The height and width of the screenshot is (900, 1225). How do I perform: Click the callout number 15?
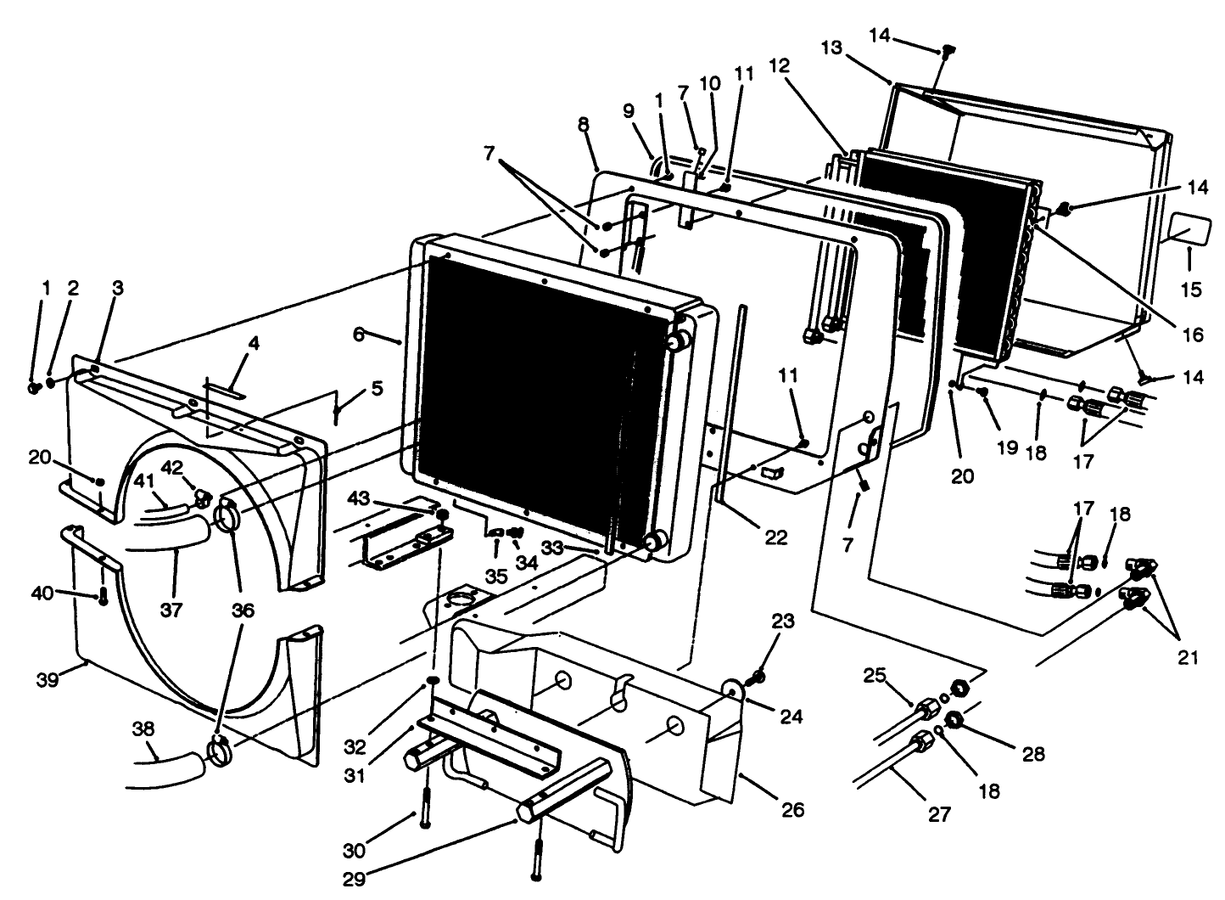(x=1190, y=290)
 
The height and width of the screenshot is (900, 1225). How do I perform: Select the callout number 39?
(x=48, y=681)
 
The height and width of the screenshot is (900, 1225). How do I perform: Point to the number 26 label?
(x=791, y=809)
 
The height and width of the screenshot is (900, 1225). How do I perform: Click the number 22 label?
(x=775, y=537)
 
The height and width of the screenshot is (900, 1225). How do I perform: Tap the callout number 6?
(x=360, y=335)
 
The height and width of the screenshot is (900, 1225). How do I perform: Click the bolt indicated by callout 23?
(x=758, y=677)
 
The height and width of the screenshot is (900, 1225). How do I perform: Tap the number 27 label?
(x=939, y=814)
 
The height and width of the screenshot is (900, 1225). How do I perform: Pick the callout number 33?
(x=552, y=548)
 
